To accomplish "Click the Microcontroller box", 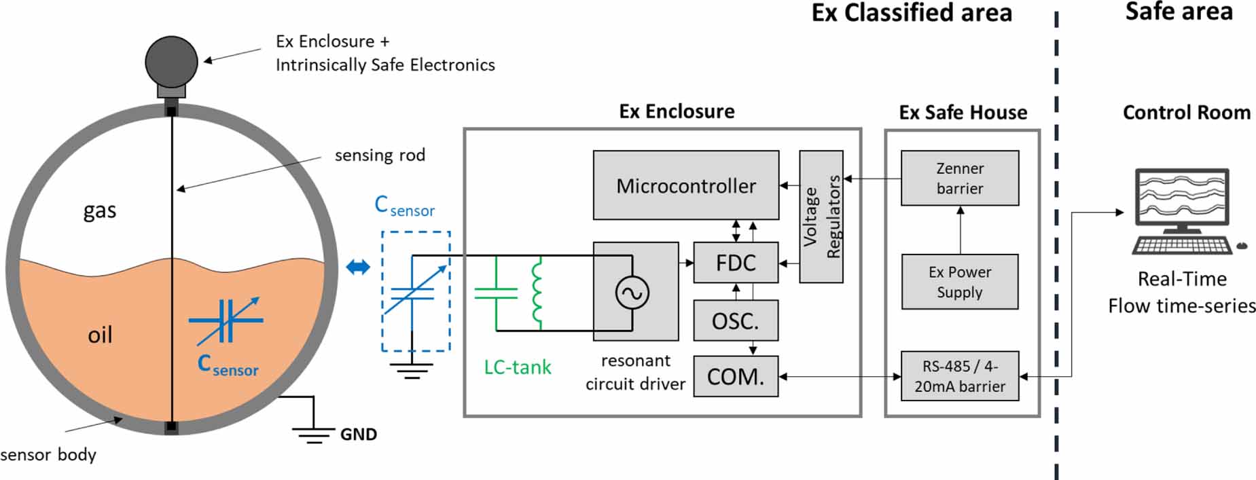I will (x=685, y=185).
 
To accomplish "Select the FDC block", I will (x=735, y=263).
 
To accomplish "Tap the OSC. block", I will (x=735, y=320).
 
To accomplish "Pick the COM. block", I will (x=735, y=376).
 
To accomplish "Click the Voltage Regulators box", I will (x=821, y=216).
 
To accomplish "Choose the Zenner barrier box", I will (x=959, y=178).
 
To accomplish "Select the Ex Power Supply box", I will (x=959, y=282).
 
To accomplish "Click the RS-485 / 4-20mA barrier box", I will (x=959, y=376).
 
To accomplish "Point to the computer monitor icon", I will (x=1182, y=197).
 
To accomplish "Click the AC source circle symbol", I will (x=632, y=293).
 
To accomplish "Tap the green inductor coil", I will (x=537, y=292).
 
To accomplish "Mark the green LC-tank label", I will (x=517, y=367).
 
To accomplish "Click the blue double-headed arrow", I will (x=358, y=267).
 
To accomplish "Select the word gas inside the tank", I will (x=100, y=210).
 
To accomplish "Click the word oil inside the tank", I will (x=100, y=335).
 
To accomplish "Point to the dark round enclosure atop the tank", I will (x=171, y=62).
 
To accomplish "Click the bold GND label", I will (x=358, y=435).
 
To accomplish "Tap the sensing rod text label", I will (x=380, y=155).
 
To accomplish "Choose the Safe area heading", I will (x=1179, y=12).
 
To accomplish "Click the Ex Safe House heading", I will (x=963, y=113).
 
